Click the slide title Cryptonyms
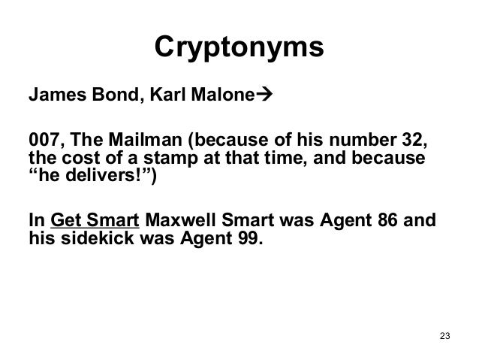[239, 48]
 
